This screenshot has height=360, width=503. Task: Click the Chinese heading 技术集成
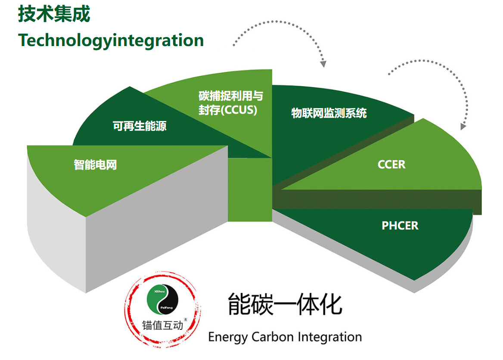54,14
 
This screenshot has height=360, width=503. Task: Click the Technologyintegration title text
111,40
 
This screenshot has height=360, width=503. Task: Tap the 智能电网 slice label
95,164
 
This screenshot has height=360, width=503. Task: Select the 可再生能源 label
140,126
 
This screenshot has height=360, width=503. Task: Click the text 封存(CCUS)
228,110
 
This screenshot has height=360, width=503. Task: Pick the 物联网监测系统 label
329,113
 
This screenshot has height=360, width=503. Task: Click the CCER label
391,164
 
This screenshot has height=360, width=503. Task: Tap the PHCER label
400,225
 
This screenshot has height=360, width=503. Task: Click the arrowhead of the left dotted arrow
323,64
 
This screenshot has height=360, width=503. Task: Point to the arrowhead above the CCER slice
463,127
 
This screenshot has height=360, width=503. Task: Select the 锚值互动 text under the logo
162,325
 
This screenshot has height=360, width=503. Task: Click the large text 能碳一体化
285,304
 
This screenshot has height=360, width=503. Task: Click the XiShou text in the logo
159,292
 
